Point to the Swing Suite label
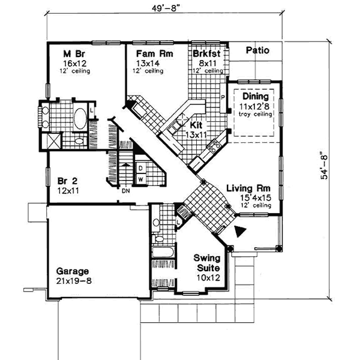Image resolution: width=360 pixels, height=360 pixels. pyautogui.click(x=205, y=263)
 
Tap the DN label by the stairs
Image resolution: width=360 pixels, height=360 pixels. pyautogui.click(x=125, y=191)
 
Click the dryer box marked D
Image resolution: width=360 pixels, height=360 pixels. pyautogui.click(x=140, y=168)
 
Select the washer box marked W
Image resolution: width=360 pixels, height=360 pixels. pyautogui.click(x=140, y=179)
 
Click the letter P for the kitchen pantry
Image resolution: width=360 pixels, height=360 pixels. pyautogui.click(x=222, y=97)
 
